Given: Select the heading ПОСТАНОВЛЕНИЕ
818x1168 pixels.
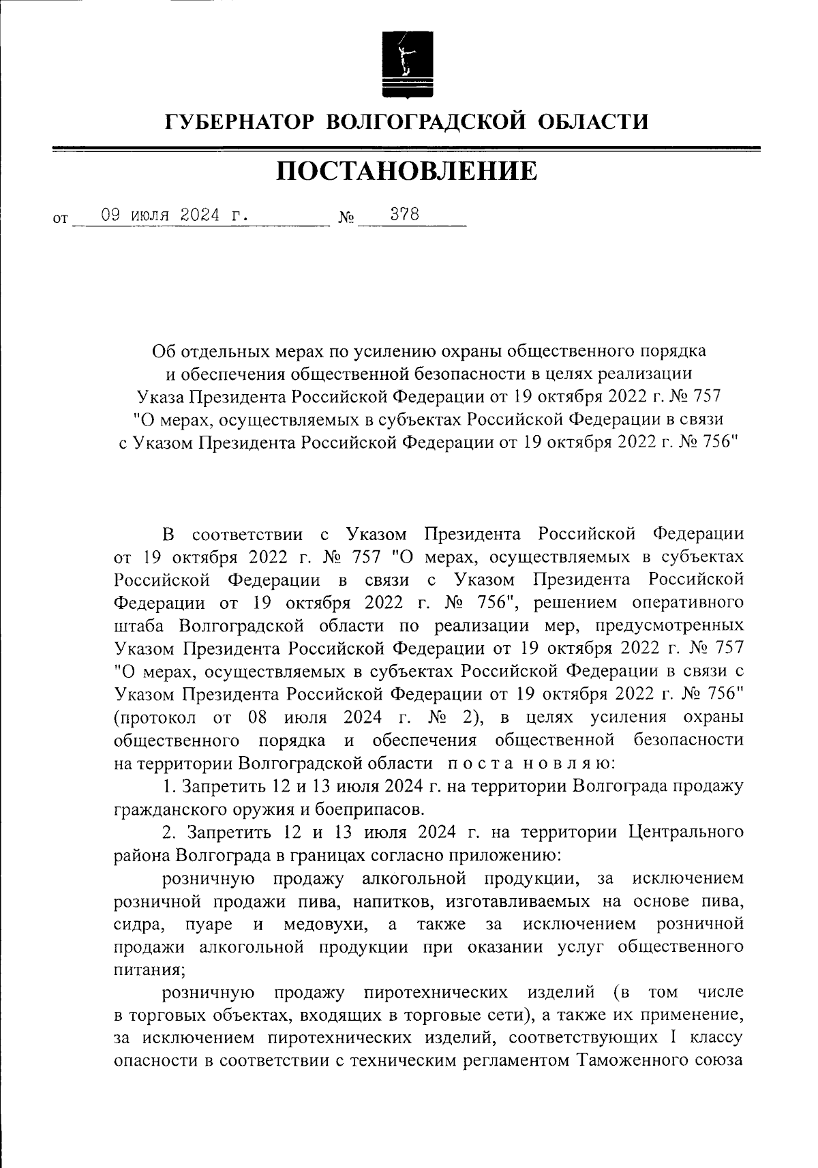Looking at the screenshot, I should click(407, 171).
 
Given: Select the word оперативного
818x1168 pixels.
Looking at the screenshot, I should click(688, 603).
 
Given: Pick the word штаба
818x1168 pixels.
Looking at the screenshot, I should click(141, 626).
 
